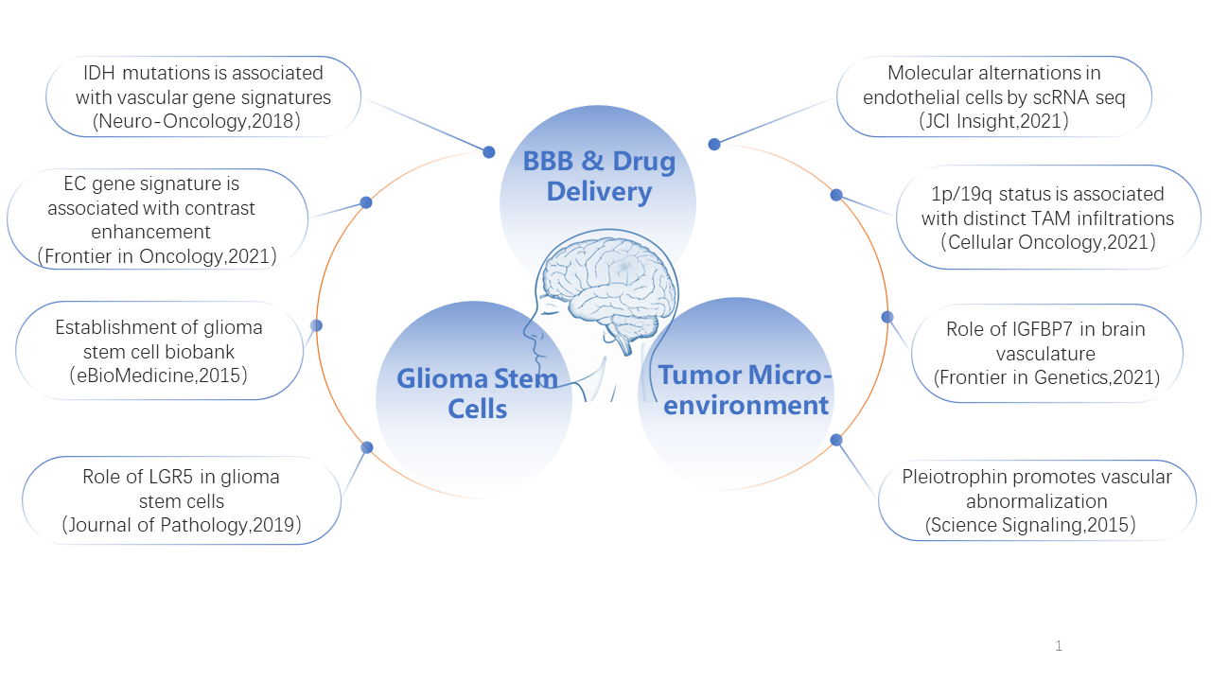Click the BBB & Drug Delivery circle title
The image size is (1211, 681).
pos(599,176)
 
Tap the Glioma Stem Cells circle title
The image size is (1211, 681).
pos(477,393)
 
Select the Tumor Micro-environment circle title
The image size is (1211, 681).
pos(745,391)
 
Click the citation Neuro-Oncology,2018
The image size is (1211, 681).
pos(196,121)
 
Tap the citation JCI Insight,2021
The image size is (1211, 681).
pos(993,121)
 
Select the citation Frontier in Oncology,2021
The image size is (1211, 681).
pos(157,256)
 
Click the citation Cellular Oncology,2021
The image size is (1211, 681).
pos(1048,242)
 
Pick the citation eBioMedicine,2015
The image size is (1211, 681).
pos(158,375)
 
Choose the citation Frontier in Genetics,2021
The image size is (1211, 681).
pos(1046,377)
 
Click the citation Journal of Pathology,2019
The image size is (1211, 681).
pos(182,525)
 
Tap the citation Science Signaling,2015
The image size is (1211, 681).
pos(1030,525)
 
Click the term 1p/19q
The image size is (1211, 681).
pos(961,195)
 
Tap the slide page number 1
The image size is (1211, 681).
pos(1059,645)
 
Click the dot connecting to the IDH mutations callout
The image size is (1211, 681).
pos(489,152)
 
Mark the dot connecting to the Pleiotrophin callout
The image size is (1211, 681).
pos(836,440)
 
